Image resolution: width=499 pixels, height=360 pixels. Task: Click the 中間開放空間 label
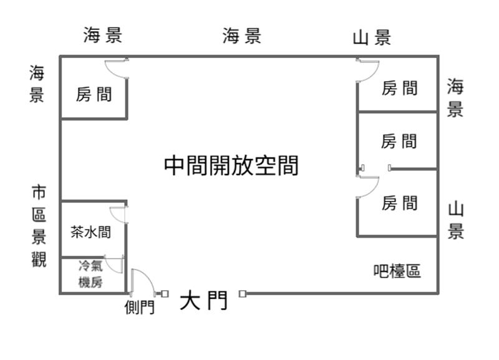click(231, 166)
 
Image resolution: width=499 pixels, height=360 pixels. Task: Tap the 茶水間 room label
click(91, 233)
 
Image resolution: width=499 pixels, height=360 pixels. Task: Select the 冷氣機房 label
click(90, 274)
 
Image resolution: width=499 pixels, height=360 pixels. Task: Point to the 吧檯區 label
click(397, 271)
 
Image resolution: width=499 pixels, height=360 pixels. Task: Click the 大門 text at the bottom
click(203, 301)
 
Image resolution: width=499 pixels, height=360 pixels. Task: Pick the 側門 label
click(139, 308)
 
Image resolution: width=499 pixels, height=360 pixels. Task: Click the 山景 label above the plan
click(372, 38)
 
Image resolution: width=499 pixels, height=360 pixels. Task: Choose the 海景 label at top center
click(242, 36)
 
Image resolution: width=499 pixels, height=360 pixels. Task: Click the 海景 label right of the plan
click(455, 98)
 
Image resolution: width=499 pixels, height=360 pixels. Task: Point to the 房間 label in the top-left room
click(94, 95)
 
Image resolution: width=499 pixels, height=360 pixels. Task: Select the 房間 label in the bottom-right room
click(399, 203)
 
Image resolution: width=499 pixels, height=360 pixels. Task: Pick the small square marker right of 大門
click(242, 294)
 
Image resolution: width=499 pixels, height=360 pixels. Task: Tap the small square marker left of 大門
click(165, 293)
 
